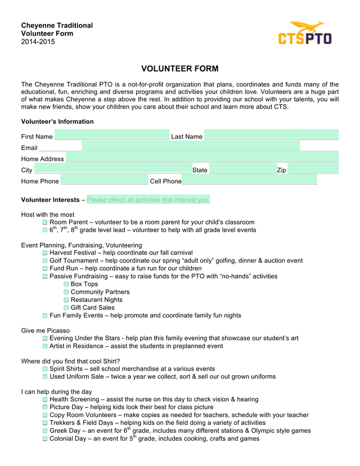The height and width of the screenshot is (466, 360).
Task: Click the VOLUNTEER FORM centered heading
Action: coord(179,69)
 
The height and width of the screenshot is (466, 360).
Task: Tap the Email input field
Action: coord(191,146)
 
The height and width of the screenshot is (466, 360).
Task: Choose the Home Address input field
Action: coord(202,158)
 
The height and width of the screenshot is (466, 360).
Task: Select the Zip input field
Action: coord(313,169)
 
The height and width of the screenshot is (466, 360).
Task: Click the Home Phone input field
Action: coord(104,180)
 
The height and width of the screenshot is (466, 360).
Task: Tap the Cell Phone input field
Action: coord(250,180)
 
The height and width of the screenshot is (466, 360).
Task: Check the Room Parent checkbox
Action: coord(45,222)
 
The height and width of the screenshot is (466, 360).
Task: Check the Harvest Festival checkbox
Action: coord(45,253)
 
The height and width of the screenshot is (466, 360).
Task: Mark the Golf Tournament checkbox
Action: coord(45,261)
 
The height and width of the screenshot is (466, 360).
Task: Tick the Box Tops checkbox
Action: coord(66,284)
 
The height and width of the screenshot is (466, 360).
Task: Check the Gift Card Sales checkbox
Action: coord(66,308)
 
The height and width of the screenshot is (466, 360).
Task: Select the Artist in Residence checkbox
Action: coord(45,346)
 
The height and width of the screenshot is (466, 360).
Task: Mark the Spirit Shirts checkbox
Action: coord(45,369)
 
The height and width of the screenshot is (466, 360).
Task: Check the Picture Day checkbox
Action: coord(45,407)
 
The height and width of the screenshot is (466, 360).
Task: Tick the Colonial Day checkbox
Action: coord(45,438)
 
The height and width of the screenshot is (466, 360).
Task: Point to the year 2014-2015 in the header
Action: coord(38,42)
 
